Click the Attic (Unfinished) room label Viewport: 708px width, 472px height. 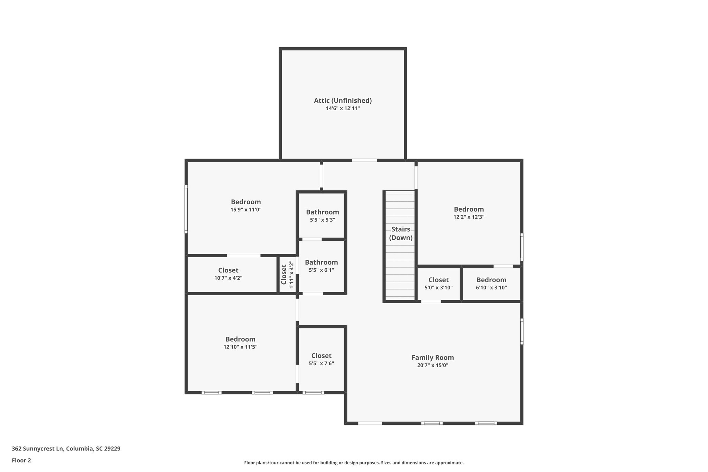click(x=343, y=101)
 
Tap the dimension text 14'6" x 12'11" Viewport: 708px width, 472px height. click(x=343, y=108)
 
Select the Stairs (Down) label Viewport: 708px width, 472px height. click(x=401, y=233)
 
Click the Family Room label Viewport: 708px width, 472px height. click(x=432, y=358)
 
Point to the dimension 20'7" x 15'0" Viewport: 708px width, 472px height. click(x=432, y=365)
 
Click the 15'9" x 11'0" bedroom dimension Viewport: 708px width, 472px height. click(x=246, y=210)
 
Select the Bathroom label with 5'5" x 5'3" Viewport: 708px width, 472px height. click(x=322, y=212)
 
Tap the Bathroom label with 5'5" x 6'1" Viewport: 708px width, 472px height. click(x=321, y=262)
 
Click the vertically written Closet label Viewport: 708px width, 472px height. click(x=284, y=275)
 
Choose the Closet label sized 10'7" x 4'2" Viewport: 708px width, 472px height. click(x=228, y=270)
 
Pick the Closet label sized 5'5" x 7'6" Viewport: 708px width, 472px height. click(x=321, y=356)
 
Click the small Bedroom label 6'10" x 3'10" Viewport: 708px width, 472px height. click(x=491, y=280)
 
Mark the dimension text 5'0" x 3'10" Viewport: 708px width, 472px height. click(x=438, y=287)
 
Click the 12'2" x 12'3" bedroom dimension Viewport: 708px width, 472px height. click(x=469, y=217)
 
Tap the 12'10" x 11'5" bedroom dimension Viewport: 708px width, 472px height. click(x=240, y=347)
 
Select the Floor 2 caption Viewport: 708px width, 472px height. click(x=21, y=461)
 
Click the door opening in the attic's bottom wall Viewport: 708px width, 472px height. click(x=364, y=160)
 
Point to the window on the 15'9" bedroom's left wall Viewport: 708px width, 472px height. click(x=186, y=209)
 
